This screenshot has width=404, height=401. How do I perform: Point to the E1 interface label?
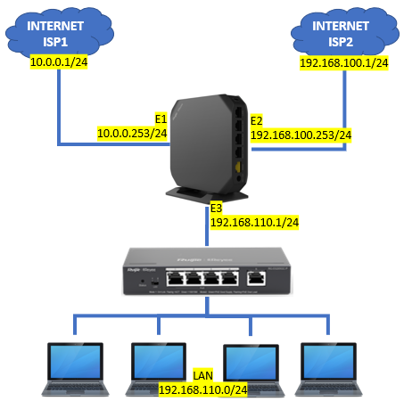(x=161, y=119)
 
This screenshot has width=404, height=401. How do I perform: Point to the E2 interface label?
(x=257, y=119)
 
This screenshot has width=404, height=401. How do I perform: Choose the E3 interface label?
(x=217, y=208)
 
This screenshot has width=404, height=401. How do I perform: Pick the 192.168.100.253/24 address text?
(x=301, y=135)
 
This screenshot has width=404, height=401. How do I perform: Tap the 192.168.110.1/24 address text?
(x=254, y=222)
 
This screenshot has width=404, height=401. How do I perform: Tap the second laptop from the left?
(x=161, y=366)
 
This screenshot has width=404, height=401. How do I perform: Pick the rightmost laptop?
(x=330, y=366)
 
